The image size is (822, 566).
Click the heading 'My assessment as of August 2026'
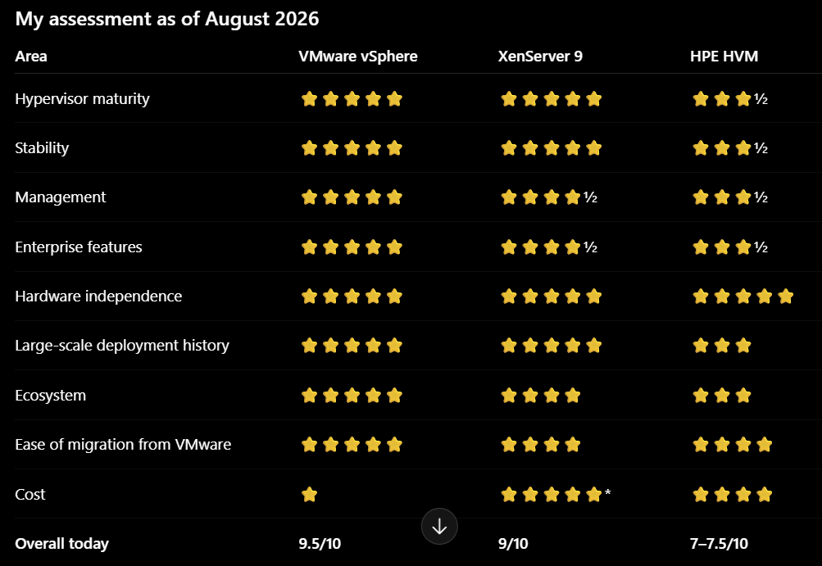coord(166,19)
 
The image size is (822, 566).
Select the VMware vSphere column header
coord(358,56)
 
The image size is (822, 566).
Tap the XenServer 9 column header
coord(540,56)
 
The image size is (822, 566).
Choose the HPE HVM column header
coord(724,56)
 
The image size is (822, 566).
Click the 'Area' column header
coord(31,56)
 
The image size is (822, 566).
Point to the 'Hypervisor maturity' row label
coord(82,98)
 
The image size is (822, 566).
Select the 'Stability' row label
coord(42,147)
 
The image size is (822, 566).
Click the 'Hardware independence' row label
coord(98,296)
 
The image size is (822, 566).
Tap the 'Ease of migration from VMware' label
coord(123,445)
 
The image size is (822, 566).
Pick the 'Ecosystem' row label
coord(50,395)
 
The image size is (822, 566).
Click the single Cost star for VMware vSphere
coord(309,494)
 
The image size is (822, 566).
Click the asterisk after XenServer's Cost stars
coord(607,492)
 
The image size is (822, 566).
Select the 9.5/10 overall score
coord(320,543)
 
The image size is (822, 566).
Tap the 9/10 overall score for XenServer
coord(513,543)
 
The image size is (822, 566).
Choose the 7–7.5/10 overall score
coord(719,543)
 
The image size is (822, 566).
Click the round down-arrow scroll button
coord(439,526)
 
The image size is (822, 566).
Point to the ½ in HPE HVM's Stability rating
coord(761,148)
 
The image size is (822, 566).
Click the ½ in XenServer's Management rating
coord(590,197)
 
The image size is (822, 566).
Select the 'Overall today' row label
coord(61,543)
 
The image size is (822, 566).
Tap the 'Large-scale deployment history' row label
coord(122,346)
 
